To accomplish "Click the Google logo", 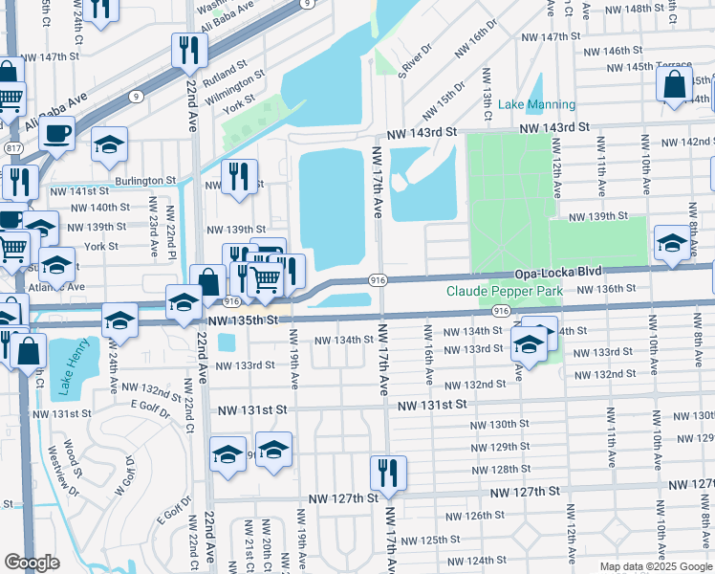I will tap(32, 562).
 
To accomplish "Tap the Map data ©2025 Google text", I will tap(656, 566).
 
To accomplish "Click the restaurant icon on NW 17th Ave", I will tap(388, 473).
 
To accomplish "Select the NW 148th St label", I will tap(659, 8).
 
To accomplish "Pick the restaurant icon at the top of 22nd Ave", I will tap(189, 50).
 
